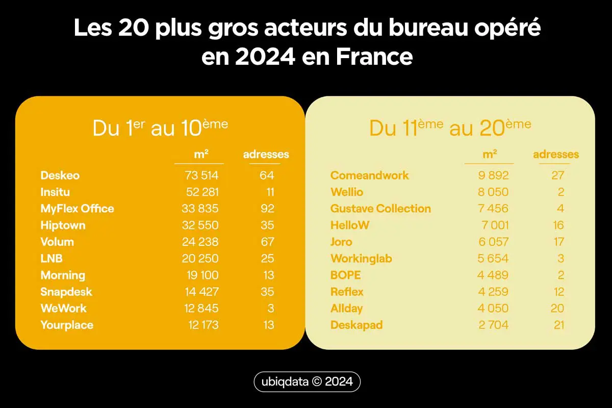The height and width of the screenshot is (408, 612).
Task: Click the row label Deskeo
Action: coord(60,175)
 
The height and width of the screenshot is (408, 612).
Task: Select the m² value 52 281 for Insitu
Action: coord(200,192)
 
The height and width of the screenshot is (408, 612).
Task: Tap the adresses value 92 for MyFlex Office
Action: coord(266,209)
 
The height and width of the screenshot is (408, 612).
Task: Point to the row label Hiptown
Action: coord(63,225)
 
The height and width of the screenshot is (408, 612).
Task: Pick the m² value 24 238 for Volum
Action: coord(200,242)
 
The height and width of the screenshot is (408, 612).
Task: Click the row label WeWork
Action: coord(64,308)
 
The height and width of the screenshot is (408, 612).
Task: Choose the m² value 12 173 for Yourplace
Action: coord(200,325)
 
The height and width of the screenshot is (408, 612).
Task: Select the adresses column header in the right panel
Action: coord(556,155)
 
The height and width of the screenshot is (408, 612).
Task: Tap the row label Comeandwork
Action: coord(370,175)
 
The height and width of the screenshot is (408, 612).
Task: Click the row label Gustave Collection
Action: coord(380,209)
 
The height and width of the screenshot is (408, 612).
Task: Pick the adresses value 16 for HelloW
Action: coord(558,225)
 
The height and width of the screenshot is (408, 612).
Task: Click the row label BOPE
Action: coord(346,275)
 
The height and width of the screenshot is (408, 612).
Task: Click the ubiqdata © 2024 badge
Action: coord(307,382)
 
